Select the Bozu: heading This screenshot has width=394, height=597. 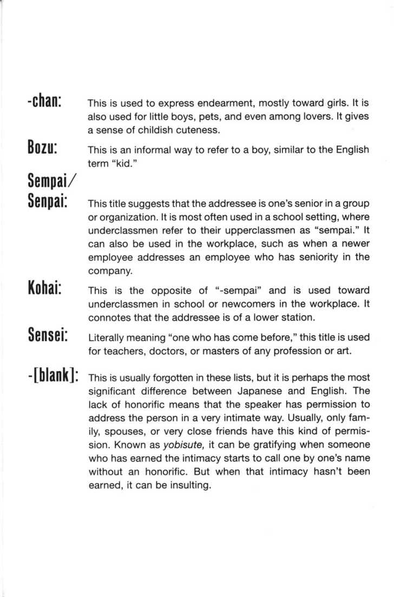pos(43,147)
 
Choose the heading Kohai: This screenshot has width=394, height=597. pos(46,289)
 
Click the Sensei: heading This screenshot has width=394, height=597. pos(47,336)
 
